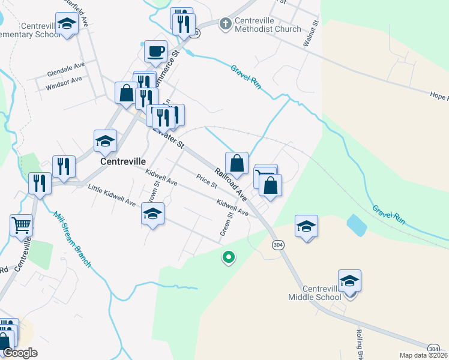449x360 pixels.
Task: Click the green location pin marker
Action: (x=228, y=257)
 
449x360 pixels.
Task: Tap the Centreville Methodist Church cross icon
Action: (x=226, y=24)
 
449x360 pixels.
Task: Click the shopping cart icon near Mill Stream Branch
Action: (x=21, y=226)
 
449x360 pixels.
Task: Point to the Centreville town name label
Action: (x=123, y=162)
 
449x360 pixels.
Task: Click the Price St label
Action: (x=206, y=181)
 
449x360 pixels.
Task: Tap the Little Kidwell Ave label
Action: (x=112, y=196)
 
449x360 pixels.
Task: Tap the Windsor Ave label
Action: (x=64, y=83)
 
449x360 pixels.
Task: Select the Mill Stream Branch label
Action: (x=71, y=239)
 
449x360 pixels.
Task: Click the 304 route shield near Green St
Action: (x=277, y=245)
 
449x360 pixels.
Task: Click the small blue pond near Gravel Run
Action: (x=357, y=226)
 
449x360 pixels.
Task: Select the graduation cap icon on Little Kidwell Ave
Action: (x=152, y=214)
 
